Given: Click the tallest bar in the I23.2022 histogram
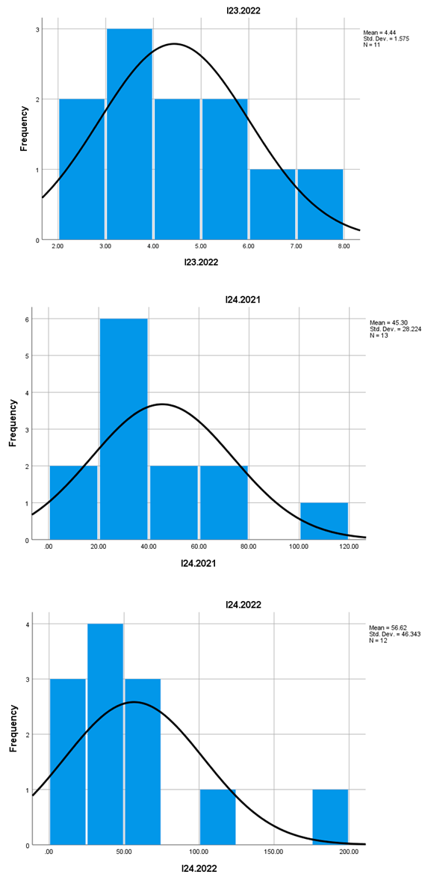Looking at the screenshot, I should click(x=128, y=135).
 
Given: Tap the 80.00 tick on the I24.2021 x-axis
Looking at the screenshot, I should click(x=249, y=547).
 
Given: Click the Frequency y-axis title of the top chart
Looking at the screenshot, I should click(x=23, y=135).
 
